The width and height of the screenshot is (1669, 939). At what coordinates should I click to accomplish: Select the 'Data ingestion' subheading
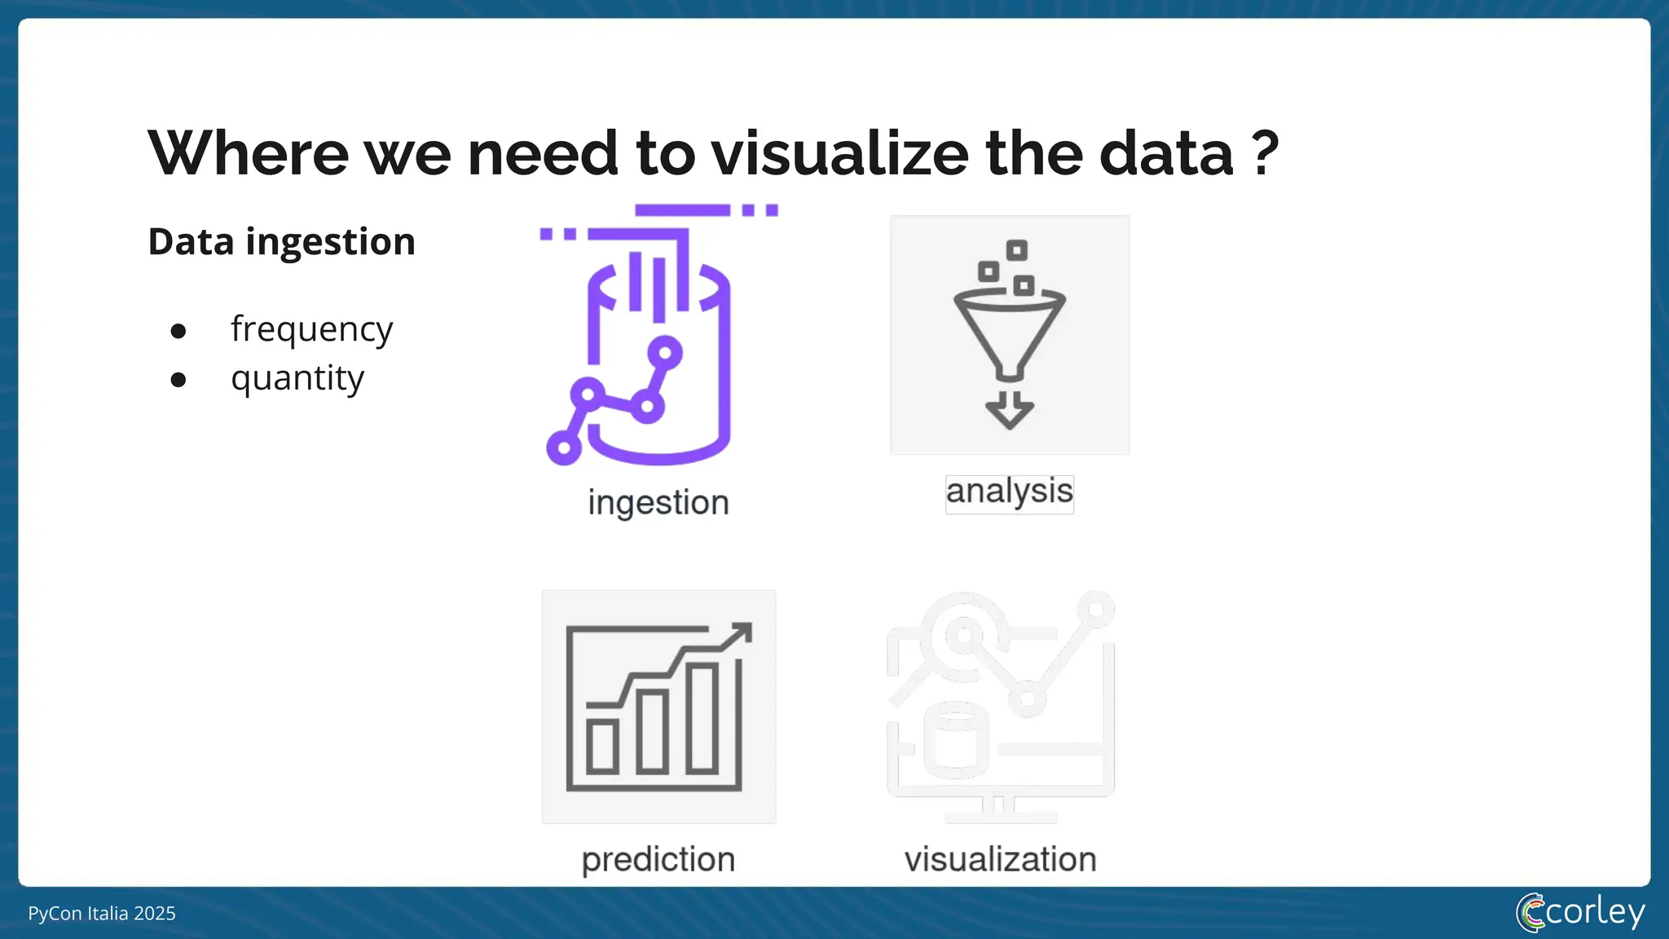coord(281,242)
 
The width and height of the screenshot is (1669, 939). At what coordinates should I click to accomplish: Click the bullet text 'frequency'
coord(311,329)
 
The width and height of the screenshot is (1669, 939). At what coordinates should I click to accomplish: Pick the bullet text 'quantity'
coord(297,378)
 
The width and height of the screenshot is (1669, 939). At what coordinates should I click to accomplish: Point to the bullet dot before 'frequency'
coord(178,331)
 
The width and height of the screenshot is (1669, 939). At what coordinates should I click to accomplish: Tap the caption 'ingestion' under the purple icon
coord(658,502)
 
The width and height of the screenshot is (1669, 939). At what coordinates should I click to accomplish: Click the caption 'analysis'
coord(1009,492)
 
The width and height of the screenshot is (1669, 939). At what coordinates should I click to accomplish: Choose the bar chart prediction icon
coord(658,707)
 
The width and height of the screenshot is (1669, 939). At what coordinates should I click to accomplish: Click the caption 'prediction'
coord(658,859)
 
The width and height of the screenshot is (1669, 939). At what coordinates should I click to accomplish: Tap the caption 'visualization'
coord(1000,859)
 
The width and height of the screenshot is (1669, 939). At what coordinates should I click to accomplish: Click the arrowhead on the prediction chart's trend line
coord(740,634)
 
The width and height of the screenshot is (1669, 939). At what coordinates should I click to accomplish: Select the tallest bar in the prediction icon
coord(702,717)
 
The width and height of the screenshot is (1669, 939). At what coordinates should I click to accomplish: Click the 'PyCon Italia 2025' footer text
coord(102,913)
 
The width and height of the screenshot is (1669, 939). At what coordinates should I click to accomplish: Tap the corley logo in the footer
coord(1580,912)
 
